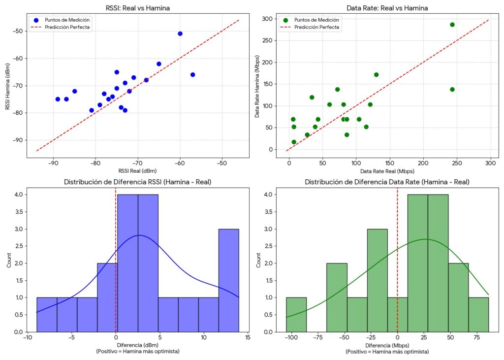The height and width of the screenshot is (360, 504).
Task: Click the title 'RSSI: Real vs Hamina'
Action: pyautogui.click(x=137, y=7)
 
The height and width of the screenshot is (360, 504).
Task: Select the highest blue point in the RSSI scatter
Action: pyautogui.click(x=180, y=33)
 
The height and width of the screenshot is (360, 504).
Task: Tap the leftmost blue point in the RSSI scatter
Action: pyautogui.click(x=58, y=99)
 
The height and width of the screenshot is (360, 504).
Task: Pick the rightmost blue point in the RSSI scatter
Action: pyautogui.click(x=192, y=74)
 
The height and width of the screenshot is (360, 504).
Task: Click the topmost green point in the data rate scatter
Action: pyautogui.click(x=452, y=25)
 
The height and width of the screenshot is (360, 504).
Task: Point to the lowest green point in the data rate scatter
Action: pyautogui.click(x=294, y=142)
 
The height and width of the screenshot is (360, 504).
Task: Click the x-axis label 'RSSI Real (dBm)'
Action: pyautogui.click(x=137, y=171)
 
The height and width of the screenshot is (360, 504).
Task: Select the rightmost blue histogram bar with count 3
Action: pyautogui.click(x=228, y=280)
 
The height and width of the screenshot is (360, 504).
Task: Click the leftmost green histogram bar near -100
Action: pyautogui.click(x=296, y=314)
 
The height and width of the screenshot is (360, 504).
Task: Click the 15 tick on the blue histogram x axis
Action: pyautogui.click(x=248, y=338)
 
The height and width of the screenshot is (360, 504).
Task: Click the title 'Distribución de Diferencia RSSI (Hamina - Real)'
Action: pyautogui.click(x=137, y=182)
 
